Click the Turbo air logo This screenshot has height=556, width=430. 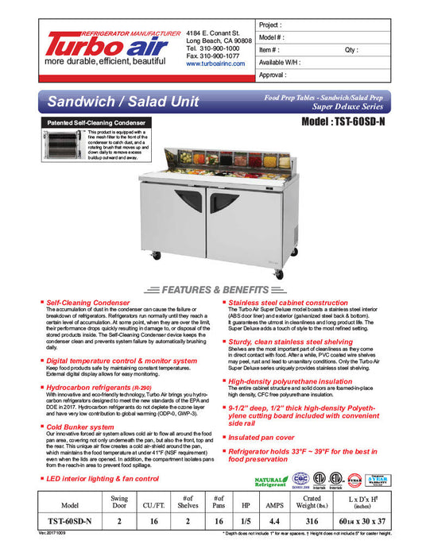coord(90,44)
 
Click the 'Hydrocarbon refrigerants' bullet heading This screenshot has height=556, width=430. coord(89,387)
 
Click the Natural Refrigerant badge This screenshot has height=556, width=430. coord(270,481)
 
